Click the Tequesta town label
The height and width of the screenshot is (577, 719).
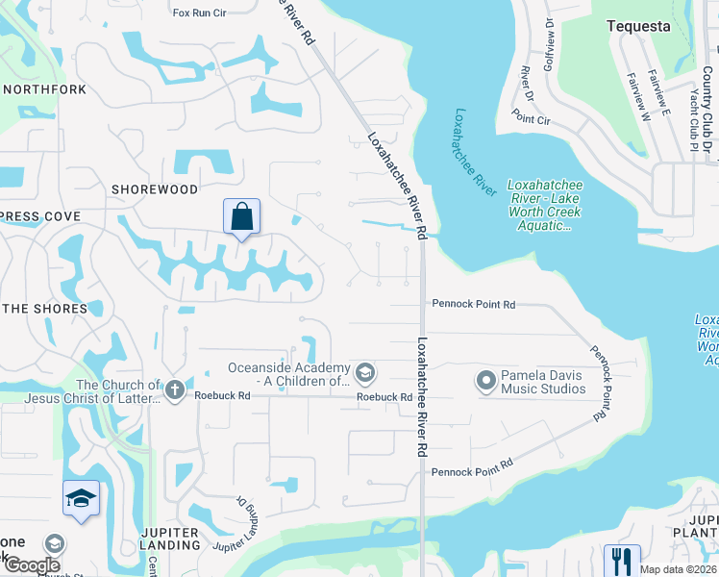[639, 27]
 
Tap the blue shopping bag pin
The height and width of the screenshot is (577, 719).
[241, 216]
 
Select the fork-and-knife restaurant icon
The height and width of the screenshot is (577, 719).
[621, 560]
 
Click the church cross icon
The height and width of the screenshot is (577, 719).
[173, 389]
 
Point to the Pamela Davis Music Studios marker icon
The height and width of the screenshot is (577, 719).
[485, 382]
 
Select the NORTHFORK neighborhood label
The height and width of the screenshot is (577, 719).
[45, 89]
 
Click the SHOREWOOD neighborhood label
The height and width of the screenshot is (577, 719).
[154, 189]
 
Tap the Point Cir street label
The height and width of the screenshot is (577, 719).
[531, 119]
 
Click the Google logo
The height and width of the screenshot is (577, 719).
[32, 565]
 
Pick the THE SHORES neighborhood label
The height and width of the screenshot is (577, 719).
[44, 309]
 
